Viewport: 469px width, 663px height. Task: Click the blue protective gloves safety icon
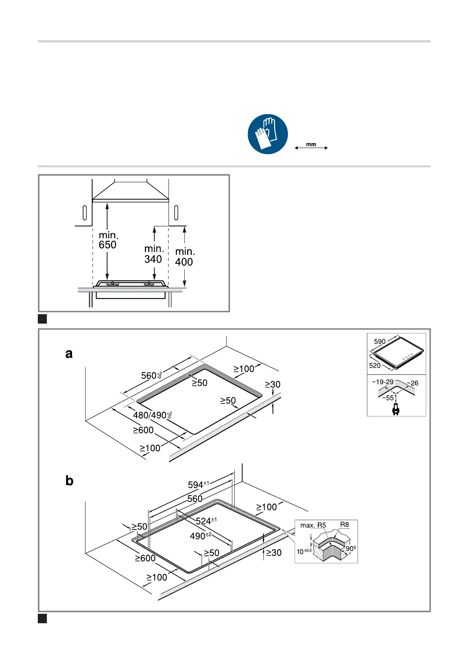pyautogui.click(x=268, y=134)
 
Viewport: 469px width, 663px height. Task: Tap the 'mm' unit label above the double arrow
pyautogui.click(x=311, y=144)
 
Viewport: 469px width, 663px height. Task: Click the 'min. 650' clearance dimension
pyautogui.click(x=108, y=240)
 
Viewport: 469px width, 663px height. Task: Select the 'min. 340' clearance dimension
pyautogui.click(x=154, y=254)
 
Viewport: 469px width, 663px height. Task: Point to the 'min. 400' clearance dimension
pyautogui.click(x=185, y=257)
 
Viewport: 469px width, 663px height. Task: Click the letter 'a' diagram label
pyautogui.click(x=69, y=354)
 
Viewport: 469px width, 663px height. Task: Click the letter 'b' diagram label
pyautogui.click(x=69, y=481)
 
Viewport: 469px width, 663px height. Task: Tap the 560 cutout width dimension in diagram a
pyautogui.click(x=151, y=376)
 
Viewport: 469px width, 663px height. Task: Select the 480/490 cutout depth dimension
pyautogui.click(x=152, y=415)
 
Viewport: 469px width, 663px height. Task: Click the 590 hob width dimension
pyautogui.click(x=380, y=342)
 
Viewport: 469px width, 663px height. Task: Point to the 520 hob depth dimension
pyautogui.click(x=375, y=365)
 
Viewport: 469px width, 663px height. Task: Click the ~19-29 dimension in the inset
pyautogui.click(x=383, y=382)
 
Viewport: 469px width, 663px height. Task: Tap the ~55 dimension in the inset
pyautogui.click(x=388, y=398)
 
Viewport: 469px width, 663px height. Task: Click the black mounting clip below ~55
pyautogui.click(x=396, y=409)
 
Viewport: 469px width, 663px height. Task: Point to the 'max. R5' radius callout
pyautogui.click(x=313, y=525)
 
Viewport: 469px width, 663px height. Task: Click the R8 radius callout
pyautogui.click(x=345, y=524)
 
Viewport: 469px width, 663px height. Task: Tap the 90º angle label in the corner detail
pyautogui.click(x=351, y=548)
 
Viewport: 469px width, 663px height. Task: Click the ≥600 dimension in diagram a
pyautogui.click(x=143, y=430)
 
